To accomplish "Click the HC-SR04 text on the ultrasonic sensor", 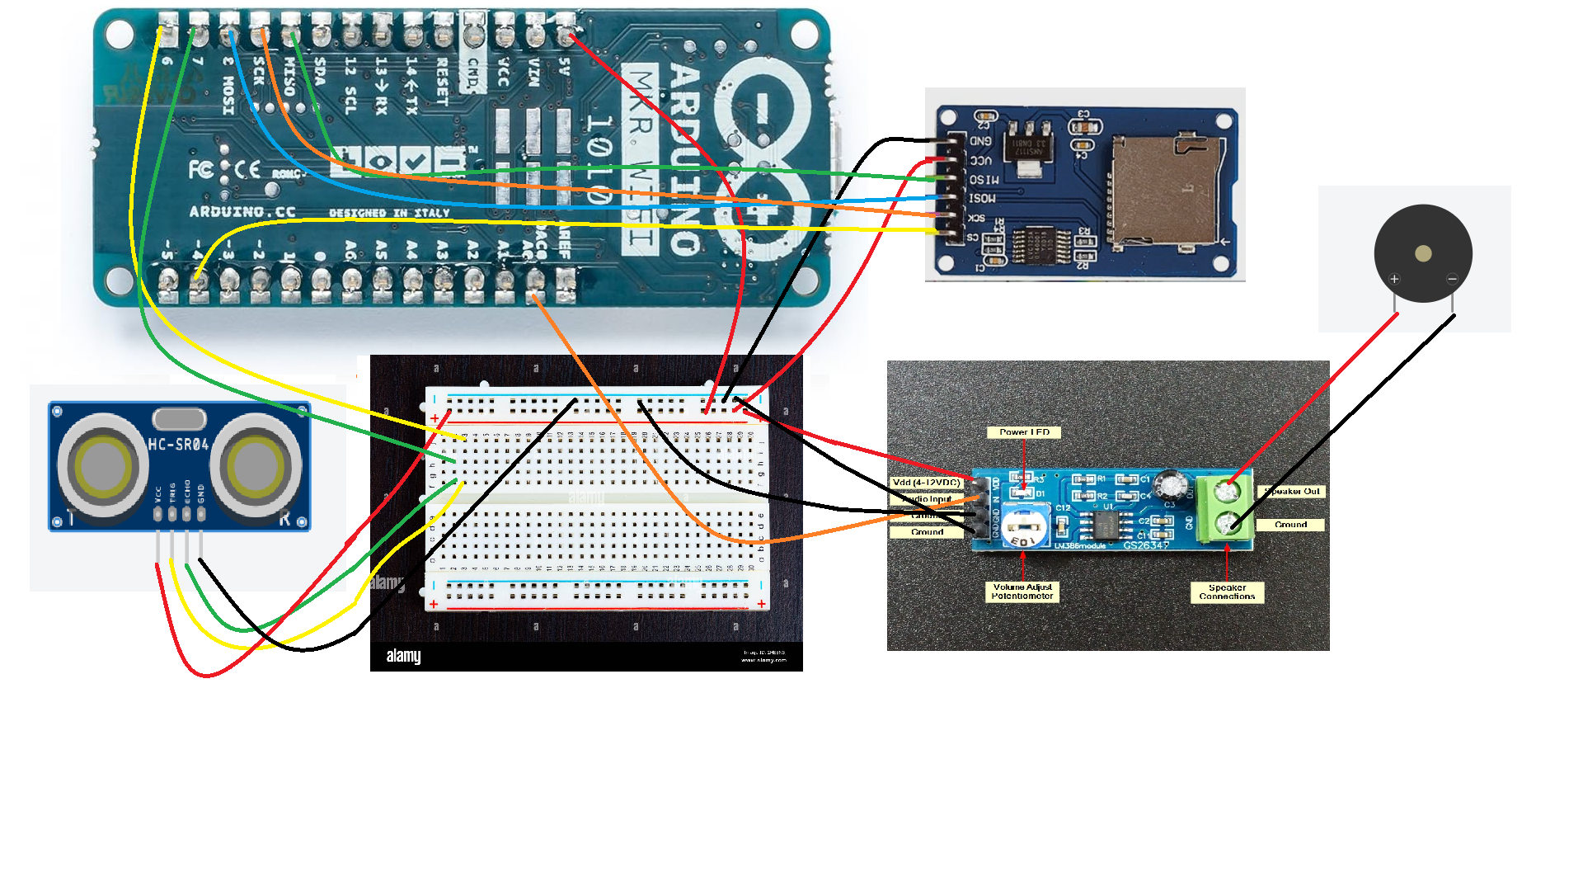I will click(x=178, y=445).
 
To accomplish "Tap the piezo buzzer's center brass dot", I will click(x=1423, y=253).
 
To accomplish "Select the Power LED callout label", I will click(x=1024, y=432).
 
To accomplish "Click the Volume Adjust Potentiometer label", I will click(x=1022, y=592).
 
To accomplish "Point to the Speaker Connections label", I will click(x=1227, y=592).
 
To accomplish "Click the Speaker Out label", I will click(x=1292, y=492).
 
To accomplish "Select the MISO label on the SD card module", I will click(x=984, y=180).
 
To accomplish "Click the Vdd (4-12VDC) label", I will click(x=926, y=483).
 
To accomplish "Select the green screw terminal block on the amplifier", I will click(x=1226, y=509).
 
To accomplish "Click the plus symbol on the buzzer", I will click(x=1394, y=279).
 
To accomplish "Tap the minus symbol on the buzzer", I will click(x=1452, y=279).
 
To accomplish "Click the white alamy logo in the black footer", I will click(x=403, y=656).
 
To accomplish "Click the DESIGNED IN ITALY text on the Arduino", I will click(x=389, y=213).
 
